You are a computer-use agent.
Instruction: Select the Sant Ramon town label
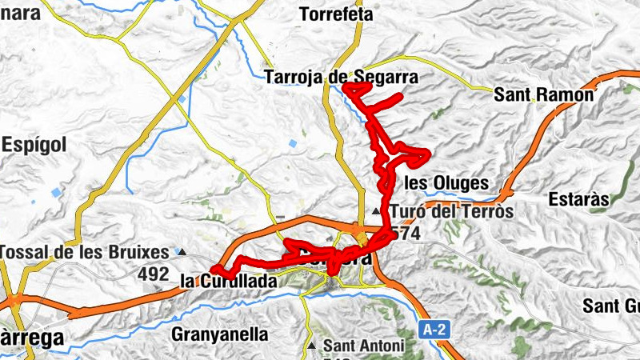click(544, 95)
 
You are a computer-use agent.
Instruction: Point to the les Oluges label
click(446, 182)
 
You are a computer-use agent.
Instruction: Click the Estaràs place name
click(580, 198)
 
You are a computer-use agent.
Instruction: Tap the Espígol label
click(34, 145)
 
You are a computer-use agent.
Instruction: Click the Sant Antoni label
click(363, 346)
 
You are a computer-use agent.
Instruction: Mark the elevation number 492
click(153, 274)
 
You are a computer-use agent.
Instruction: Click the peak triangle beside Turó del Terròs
click(377, 211)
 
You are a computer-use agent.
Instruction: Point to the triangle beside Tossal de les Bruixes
click(182, 253)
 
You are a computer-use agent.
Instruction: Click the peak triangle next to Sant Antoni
click(312, 346)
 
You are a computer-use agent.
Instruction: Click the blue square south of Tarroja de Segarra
click(293, 144)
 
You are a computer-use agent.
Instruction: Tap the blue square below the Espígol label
click(55, 193)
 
